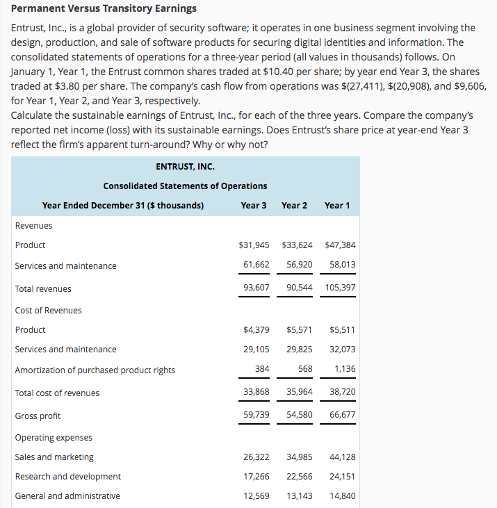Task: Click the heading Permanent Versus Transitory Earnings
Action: tap(104, 8)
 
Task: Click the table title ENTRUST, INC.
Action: tap(185, 167)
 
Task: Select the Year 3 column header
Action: tap(254, 205)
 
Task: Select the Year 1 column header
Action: tap(337, 205)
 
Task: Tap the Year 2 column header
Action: tap(295, 205)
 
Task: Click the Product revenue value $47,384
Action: tap(340, 245)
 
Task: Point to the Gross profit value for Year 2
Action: tap(298, 416)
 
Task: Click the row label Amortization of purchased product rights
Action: tap(95, 370)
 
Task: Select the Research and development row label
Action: tap(68, 477)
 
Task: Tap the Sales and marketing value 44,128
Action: tap(341, 457)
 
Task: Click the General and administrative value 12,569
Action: tap(256, 495)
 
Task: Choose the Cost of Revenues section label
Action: tap(48, 311)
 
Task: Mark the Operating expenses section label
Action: tap(54, 438)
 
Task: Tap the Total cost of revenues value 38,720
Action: tap(341, 393)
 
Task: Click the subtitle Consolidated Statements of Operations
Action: tap(185, 186)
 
